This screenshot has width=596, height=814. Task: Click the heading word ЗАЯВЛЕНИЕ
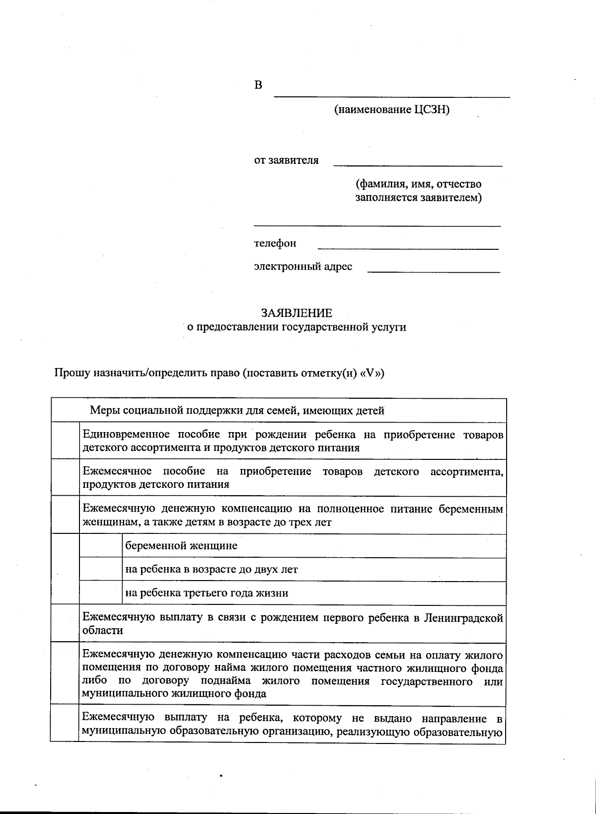(x=297, y=313)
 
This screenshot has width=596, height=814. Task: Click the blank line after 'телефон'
(x=407, y=246)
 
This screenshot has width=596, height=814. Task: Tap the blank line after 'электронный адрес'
(x=433, y=270)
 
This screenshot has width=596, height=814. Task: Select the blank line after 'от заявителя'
(x=417, y=163)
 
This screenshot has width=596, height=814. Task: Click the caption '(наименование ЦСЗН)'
(x=391, y=110)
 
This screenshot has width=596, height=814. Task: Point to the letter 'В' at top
(x=258, y=85)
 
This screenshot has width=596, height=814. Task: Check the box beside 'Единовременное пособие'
(x=65, y=441)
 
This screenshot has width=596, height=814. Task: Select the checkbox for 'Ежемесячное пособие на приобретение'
(x=65, y=477)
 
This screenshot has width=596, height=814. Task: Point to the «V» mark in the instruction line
(x=372, y=373)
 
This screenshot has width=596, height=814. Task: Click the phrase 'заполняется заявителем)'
(x=418, y=198)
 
